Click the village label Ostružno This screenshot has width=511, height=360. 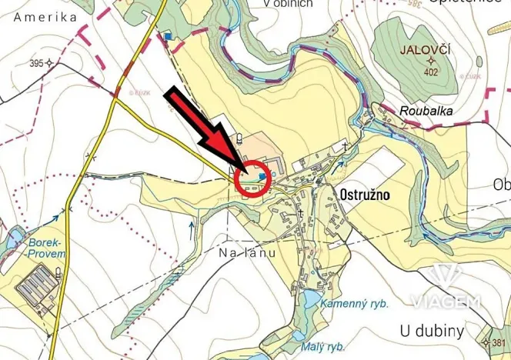[364, 195]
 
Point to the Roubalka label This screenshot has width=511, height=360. [426, 111]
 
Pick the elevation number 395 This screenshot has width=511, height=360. [32, 62]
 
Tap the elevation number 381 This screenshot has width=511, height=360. [499, 343]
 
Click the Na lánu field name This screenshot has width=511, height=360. [246, 252]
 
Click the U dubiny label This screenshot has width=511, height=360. [432, 332]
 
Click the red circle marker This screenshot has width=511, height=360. [252, 177]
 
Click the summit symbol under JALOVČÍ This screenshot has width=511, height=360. [429, 62]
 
